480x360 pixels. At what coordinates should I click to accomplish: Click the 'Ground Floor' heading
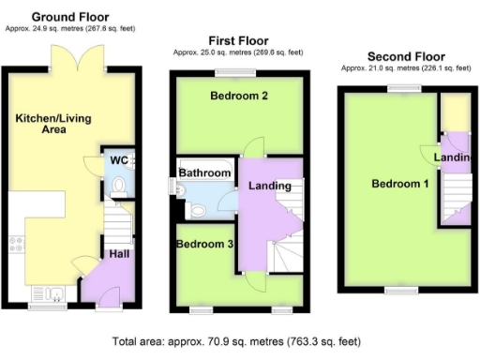[70, 17]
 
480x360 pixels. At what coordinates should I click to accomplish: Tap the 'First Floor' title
[237, 41]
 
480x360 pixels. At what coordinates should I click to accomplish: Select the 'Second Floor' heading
[405, 56]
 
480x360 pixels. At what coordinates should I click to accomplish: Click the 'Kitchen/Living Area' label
[45, 124]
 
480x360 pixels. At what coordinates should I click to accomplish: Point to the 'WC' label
[118, 160]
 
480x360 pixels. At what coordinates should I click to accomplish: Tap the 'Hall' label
[119, 253]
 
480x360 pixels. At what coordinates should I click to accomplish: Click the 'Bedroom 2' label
[239, 96]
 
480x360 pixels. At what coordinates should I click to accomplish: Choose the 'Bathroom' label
[204, 173]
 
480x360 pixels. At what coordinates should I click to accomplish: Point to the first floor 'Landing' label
[269, 186]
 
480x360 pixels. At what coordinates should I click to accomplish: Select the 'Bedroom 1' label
[399, 184]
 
